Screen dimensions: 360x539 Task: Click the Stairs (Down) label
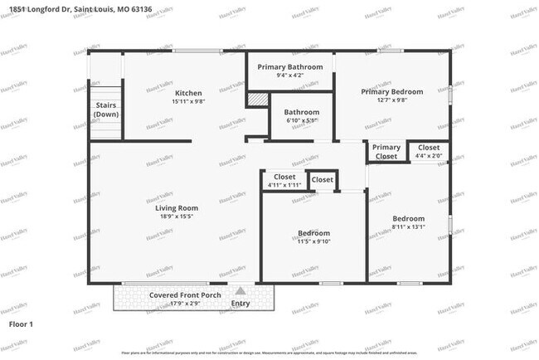(x=106, y=110)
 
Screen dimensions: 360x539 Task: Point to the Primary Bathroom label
(x=290, y=66)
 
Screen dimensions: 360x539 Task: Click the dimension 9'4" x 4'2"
(x=290, y=75)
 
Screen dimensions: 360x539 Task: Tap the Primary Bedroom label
(x=391, y=92)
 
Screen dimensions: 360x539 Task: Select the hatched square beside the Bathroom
(x=260, y=99)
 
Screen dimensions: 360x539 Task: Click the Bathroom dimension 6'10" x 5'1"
(x=301, y=121)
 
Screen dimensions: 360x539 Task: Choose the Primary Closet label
(x=386, y=152)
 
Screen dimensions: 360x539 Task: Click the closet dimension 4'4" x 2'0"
(x=429, y=156)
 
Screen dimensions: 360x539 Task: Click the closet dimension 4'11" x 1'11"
(x=284, y=185)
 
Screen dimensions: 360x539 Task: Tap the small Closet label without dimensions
(x=323, y=180)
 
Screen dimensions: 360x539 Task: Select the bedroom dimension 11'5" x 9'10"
(x=314, y=242)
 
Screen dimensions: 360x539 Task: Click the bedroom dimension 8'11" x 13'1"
(x=408, y=227)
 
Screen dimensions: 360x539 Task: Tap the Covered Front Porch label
(x=183, y=295)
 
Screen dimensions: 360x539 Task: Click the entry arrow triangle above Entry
(x=240, y=291)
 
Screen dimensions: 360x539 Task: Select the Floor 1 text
(x=21, y=324)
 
